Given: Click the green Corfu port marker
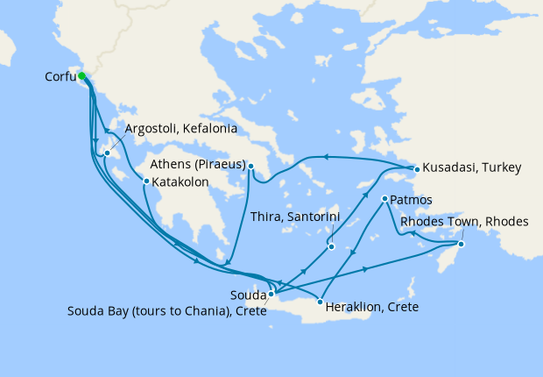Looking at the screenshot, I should click(82, 76).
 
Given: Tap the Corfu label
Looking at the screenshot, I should click(60, 77).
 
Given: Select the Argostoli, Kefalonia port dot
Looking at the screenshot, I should click(107, 154).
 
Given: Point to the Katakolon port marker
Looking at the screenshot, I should click(146, 181).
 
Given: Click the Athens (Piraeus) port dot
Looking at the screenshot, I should click(250, 167).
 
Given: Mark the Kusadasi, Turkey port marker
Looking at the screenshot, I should click(417, 167).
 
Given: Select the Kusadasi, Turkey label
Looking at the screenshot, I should click(473, 167).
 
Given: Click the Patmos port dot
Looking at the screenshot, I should click(384, 200).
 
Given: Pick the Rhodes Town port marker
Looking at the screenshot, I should click(462, 244).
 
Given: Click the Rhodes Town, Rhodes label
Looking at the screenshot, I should click(464, 222).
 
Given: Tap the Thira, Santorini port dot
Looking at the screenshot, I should click(332, 246).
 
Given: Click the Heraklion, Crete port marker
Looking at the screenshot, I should click(321, 301).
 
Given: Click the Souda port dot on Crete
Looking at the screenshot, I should click(271, 294).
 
